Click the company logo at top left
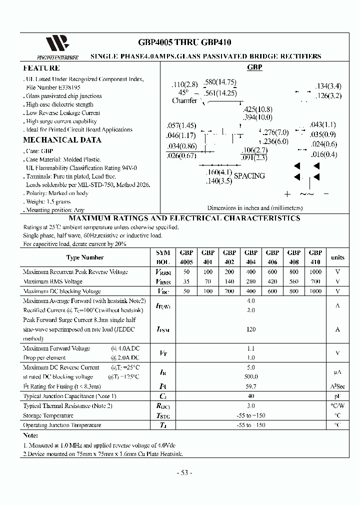[x=56, y=45]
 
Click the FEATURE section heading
[x=41, y=68]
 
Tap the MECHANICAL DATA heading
[x=62, y=140]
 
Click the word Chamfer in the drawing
[x=184, y=100]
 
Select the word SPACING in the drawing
[x=249, y=176]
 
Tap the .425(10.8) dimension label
[x=258, y=109]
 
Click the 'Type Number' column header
[x=85, y=257]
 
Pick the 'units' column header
[x=337, y=257]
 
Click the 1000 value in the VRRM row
[x=315, y=272]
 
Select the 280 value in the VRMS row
[x=251, y=281]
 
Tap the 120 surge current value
[x=251, y=329]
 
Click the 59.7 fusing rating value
[x=251, y=386]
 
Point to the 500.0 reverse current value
[x=251, y=377]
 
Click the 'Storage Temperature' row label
[x=48, y=415]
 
